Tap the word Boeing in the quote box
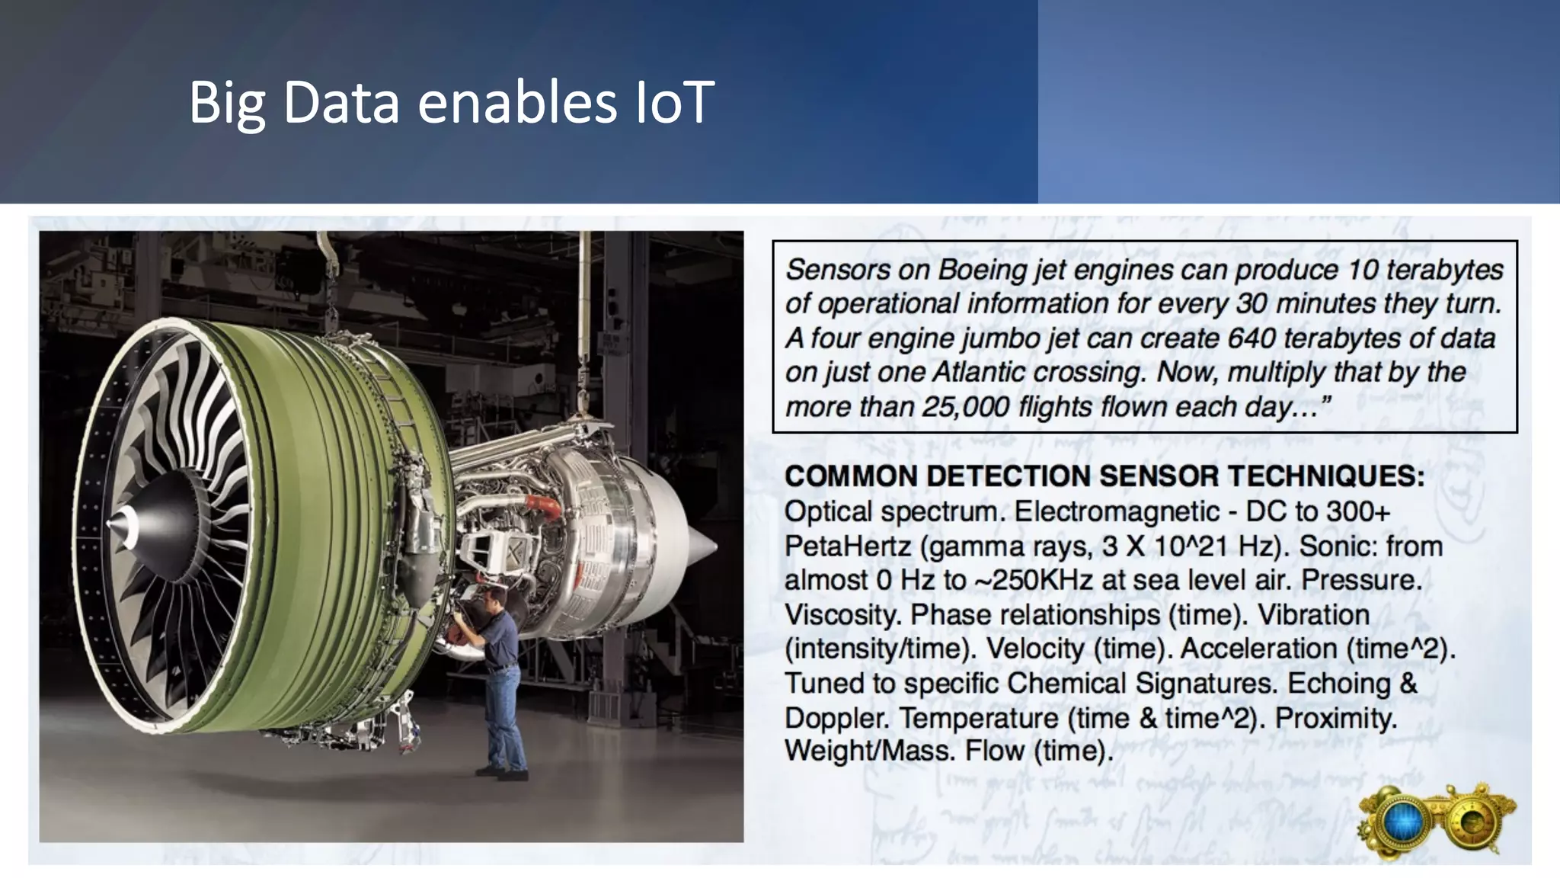[x=980, y=270]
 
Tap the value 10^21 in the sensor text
[x=1189, y=546]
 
